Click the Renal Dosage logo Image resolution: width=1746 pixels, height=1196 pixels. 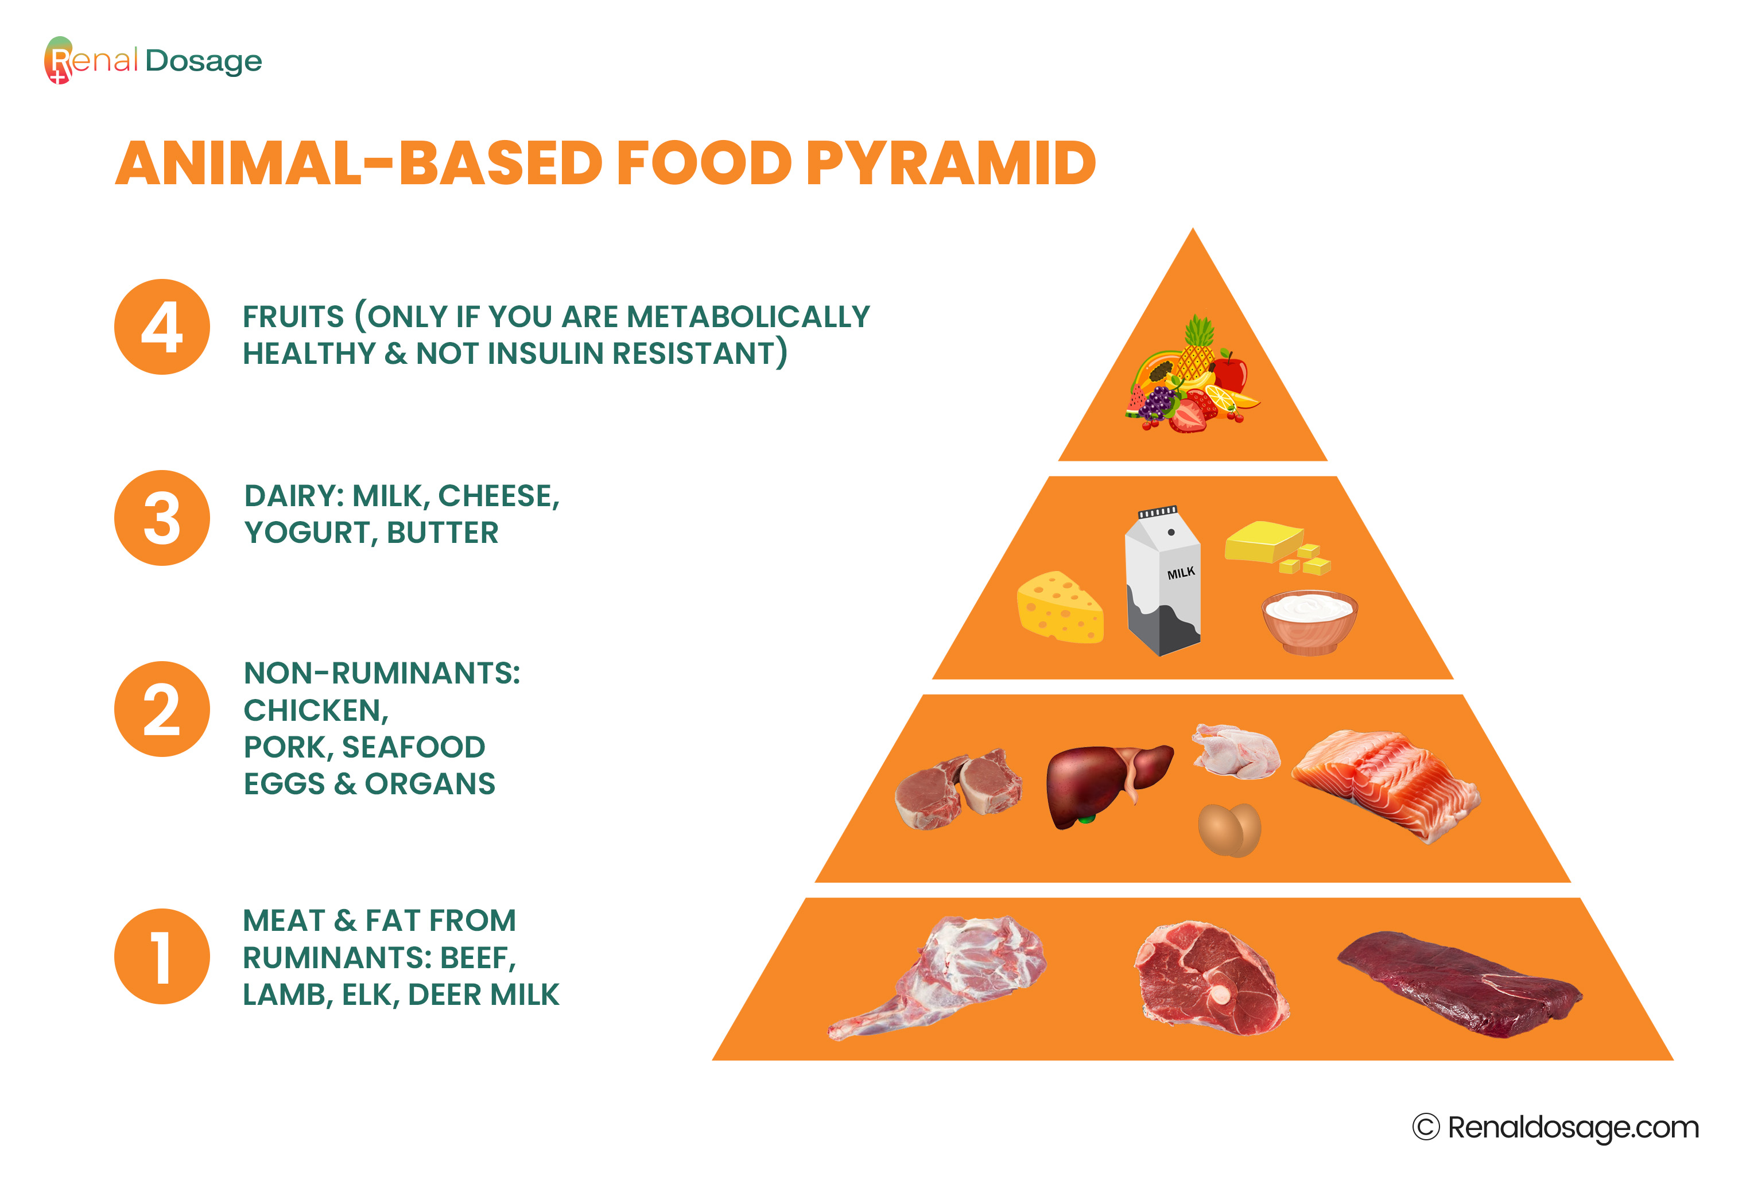point(153,60)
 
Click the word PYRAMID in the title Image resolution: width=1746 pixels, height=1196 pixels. point(950,163)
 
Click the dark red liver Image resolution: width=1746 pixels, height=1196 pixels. point(1104,783)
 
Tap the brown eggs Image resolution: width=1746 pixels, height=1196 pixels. point(1229,829)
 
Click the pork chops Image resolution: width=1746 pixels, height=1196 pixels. point(957,789)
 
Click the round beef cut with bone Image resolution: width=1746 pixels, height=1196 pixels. point(1209,978)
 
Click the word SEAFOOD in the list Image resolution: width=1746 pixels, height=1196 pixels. point(413,747)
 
